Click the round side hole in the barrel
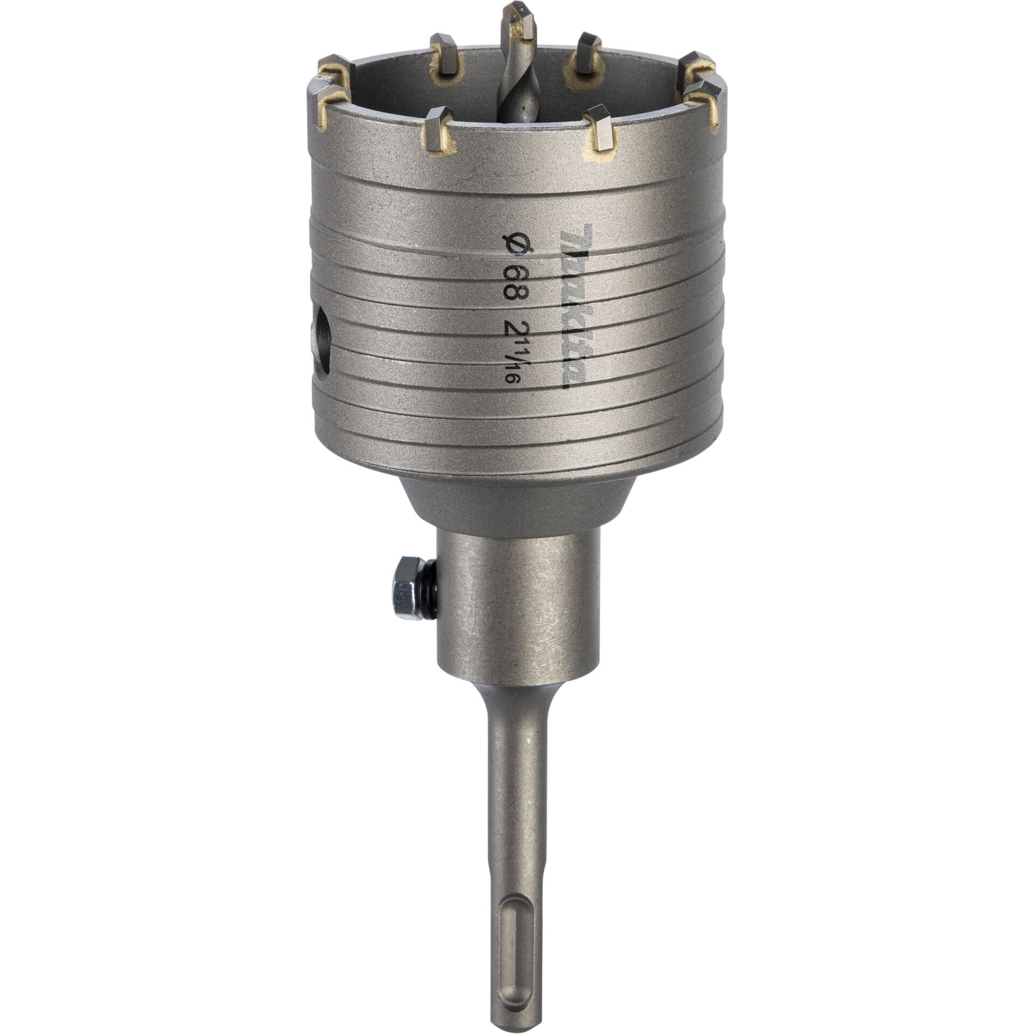322,345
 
